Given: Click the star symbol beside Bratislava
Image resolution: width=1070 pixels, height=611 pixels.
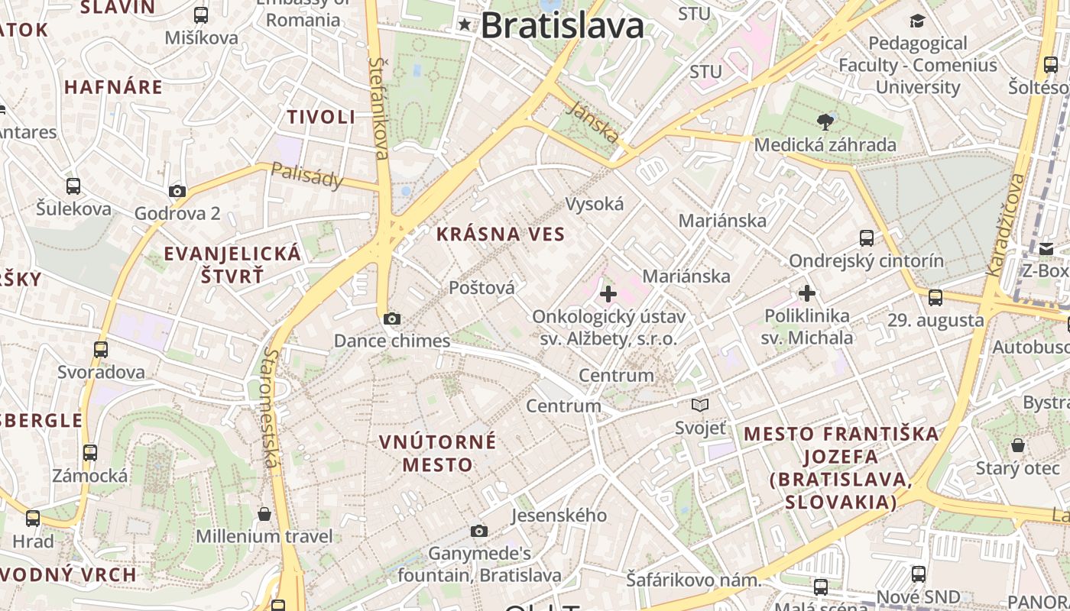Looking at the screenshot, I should pyautogui.click(x=465, y=25).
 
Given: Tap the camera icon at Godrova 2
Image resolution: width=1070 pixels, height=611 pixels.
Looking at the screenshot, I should pyautogui.click(x=177, y=191).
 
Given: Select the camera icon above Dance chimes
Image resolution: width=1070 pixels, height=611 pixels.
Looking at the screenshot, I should pyautogui.click(x=392, y=318).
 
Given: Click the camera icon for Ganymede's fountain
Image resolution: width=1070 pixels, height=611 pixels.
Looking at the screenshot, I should pyautogui.click(x=479, y=531).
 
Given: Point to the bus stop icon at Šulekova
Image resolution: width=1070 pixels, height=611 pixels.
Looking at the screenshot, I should pyautogui.click(x=73, y=186).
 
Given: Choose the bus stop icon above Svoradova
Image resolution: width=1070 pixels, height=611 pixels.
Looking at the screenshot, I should pyautogui.click(x=101, y=350).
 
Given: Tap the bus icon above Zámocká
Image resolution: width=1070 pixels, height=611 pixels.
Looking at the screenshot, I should pyautogui.click(x=90, y=453).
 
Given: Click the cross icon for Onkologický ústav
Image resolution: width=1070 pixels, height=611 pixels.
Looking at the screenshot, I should pyautogui.click(x=608, y=293).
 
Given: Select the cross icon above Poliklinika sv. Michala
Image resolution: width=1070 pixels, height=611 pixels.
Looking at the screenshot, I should pyautogui.click(x=807, y=293).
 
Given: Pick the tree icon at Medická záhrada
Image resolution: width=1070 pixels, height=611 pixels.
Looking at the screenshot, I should pyautogui.click(x=825, y=121).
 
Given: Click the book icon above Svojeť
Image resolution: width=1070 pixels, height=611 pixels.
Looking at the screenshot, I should pyautogui.click(x=700, y=405).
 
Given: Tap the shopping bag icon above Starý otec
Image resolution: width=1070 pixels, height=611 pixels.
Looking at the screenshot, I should pyautogui.click(x=1018, y=445).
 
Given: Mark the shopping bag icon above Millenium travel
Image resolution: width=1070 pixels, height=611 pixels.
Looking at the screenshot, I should pyautogui.click(x=264, y=514).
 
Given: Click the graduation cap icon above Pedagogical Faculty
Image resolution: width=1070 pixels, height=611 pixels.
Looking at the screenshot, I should pyautogui.click(x=917, y=21).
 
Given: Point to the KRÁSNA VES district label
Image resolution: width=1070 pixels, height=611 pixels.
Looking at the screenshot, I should pyautogui.click(x=501, y=234).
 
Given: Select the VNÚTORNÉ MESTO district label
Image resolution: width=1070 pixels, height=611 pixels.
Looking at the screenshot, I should pyautogui.click(x=438, y=453).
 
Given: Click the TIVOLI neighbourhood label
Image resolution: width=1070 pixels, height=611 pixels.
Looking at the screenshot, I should pyautogui.click(x=321, y=117).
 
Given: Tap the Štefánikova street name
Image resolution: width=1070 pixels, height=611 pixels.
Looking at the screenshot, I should pyautogui.click(x=379, y=108).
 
